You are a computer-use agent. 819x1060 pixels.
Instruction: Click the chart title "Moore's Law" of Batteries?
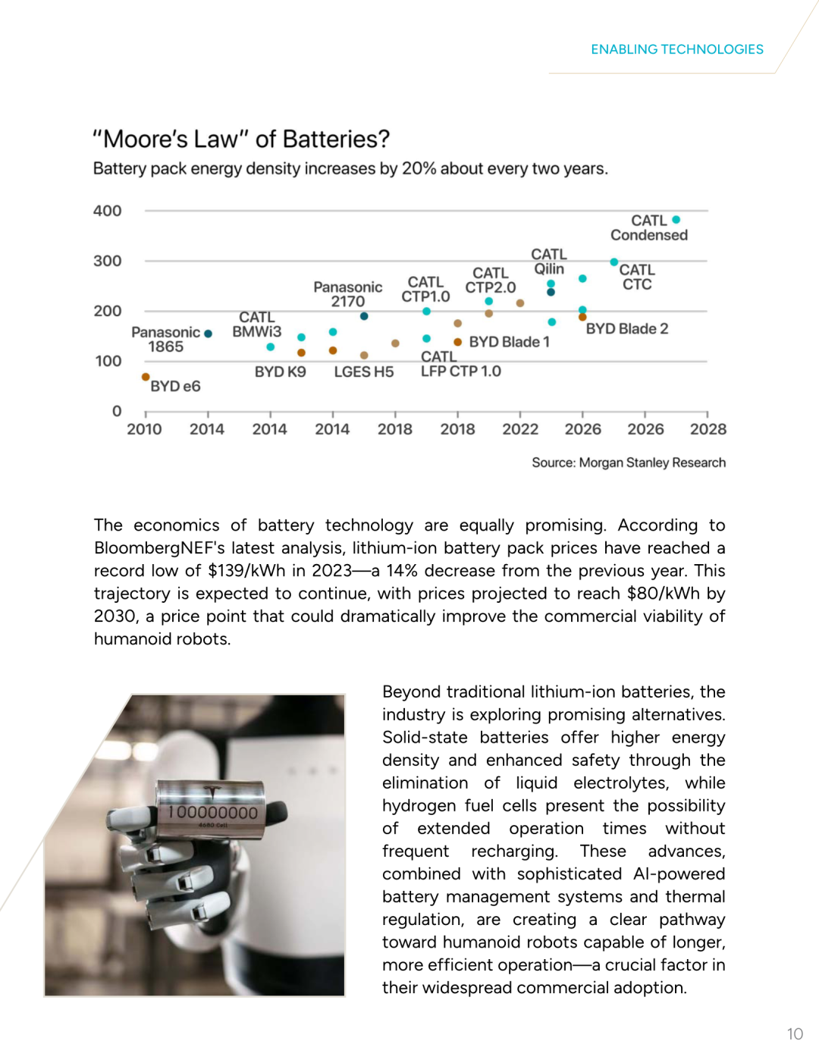click(241, 140)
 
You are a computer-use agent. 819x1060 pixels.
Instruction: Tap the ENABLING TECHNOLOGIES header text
click(676, 49)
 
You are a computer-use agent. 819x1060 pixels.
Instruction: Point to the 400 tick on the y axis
click(107, 211)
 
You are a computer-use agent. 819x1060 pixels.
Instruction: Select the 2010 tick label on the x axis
click(144, 429)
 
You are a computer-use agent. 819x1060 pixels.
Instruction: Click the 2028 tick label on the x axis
click(708, 429)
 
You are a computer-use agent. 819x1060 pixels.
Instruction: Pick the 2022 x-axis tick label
click(520, 429)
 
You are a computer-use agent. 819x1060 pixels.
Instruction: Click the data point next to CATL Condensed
click(676, 220)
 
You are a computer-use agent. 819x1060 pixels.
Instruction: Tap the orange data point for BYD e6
click(146, 377)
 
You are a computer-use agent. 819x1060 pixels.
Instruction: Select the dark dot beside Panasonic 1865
click(209, 334)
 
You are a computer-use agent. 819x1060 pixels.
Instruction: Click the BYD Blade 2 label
click(626, 329)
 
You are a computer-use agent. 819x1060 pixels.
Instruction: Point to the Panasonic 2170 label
click(347, 294)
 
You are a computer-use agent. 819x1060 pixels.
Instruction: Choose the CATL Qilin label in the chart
click(549, 262)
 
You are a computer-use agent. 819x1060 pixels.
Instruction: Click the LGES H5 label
click(364, 372)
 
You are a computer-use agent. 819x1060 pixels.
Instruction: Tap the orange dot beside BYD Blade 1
click(458, 342)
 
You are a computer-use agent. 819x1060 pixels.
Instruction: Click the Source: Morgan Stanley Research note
click(629, 463)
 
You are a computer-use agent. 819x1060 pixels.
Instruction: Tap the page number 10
click(794, 1034)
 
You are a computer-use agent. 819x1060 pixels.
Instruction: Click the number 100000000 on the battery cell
click(213, 813)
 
